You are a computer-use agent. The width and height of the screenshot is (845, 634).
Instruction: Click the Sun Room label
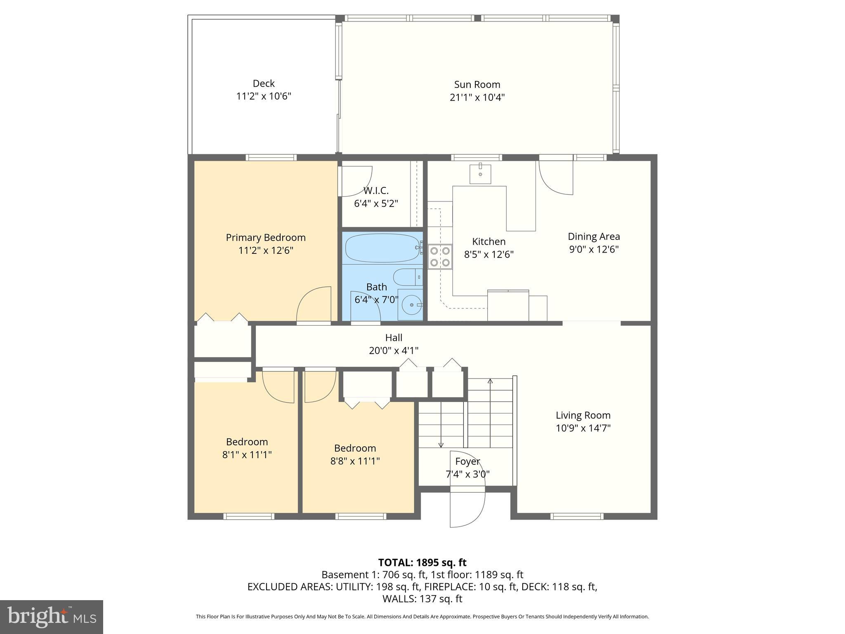point(477,85)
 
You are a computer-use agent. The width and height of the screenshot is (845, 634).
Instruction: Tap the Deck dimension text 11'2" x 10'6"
point(264,96)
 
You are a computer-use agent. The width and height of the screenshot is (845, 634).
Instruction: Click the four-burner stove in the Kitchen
point(440,256)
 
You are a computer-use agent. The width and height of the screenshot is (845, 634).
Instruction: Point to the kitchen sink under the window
point(480,174)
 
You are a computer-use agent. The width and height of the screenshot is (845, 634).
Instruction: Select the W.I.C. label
point(376,191)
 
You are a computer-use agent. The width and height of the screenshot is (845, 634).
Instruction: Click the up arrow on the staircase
point(490,381)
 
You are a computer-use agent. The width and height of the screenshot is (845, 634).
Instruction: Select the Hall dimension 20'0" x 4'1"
point(394,351)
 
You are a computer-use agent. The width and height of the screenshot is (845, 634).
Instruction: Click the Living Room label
point(583,415)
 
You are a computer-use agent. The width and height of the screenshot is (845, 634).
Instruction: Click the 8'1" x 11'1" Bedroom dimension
point(247,455)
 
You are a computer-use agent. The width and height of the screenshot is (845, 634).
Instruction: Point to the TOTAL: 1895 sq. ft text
point(422,563)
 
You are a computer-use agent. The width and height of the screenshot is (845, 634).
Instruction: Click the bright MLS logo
point(52,617)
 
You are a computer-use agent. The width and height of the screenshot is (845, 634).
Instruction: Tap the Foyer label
point(467,461)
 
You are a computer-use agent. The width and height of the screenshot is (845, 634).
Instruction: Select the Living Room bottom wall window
point(577,516)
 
